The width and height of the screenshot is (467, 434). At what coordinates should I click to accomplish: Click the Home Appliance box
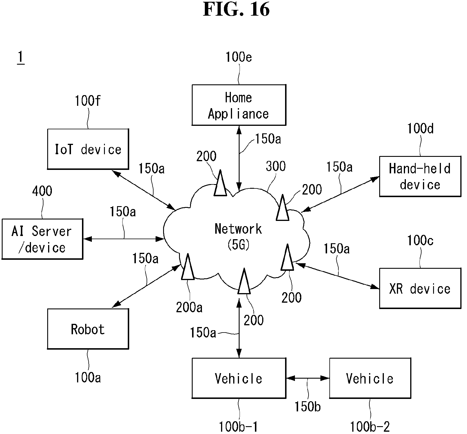tap(239, 105)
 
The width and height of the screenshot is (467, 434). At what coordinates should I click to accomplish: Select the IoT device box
tap(88, 149)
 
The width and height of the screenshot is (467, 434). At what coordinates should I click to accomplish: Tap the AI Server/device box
tap(42, 239)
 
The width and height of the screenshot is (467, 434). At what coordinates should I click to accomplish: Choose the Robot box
tap(88, 329)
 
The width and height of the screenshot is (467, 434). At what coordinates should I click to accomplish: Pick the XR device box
tap(420, 288)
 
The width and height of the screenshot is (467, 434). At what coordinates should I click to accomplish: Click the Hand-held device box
tap(420, 177)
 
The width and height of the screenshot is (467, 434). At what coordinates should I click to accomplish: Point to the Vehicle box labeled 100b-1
tap(239, 378)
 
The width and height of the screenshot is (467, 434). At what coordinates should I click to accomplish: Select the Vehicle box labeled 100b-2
tap(370, 378)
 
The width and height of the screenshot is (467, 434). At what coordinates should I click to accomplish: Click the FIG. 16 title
tap(236, 9)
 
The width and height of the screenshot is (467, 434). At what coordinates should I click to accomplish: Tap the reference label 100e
tap(239, 57)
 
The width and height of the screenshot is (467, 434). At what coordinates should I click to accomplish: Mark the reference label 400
tap(42, 191)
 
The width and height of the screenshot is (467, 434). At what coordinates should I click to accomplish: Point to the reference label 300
tap(276, 166)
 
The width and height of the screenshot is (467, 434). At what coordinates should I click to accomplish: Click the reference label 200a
tap(189, 307)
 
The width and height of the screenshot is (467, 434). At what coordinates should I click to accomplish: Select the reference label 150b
tap(308, 406)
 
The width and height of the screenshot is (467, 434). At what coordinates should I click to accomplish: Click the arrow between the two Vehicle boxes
tap(308, 378)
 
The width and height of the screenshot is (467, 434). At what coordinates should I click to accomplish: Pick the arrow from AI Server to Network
tap(124, 239)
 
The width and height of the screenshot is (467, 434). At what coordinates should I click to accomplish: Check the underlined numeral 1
tap(20, 57)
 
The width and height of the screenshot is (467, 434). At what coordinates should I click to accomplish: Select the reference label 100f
tap(88, 101)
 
